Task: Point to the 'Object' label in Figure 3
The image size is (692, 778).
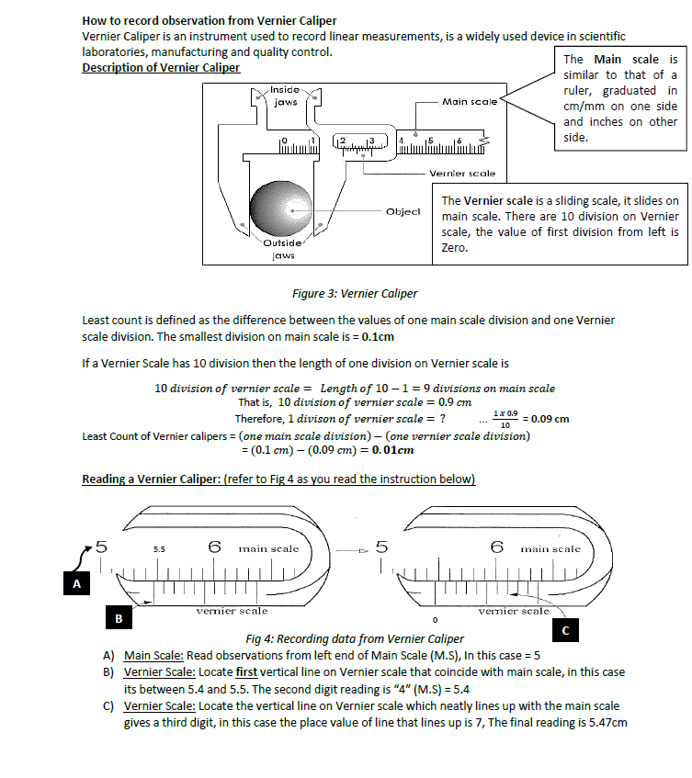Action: coord(403,210)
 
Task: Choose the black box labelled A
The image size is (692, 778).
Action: coord(76,582)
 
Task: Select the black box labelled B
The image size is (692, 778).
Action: coord(119,618)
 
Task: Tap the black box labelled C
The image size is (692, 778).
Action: coord(565,630)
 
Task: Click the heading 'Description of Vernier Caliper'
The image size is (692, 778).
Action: coord(161,68)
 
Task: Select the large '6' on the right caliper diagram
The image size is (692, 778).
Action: coord(496,547)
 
